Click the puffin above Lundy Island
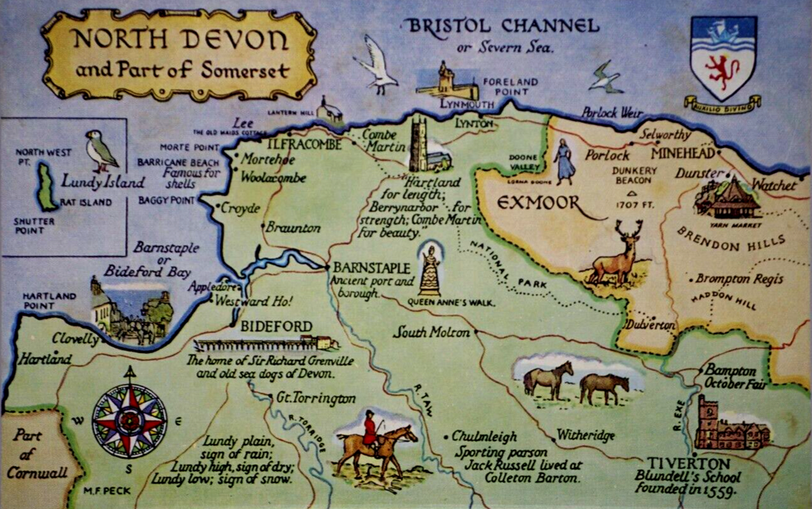pos(102,151)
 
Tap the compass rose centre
pos(129,421)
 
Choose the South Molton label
pos(431,332)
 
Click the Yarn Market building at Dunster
pos(726,198)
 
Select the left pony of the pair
pos(547,379)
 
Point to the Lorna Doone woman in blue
pos(564,162)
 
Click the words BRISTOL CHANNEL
pos(503,25)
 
